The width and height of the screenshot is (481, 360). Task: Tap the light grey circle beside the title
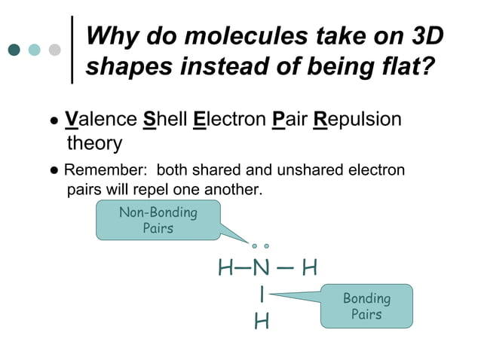(54, 50)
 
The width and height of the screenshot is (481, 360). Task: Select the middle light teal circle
(34, 50)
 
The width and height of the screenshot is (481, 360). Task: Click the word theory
(94, 142)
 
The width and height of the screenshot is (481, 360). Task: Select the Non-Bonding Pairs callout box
(158, 220)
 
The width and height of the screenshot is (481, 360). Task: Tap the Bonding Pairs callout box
(366, 306)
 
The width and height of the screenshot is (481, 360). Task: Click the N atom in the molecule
(260, 268)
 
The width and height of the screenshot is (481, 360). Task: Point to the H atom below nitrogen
(261, 322)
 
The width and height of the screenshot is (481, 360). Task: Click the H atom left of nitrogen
(225, 268)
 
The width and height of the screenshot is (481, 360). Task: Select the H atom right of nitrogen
(309, 268)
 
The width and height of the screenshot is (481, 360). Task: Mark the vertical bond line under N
(261, 294)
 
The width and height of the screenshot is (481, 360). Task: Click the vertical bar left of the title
(72, 50)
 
